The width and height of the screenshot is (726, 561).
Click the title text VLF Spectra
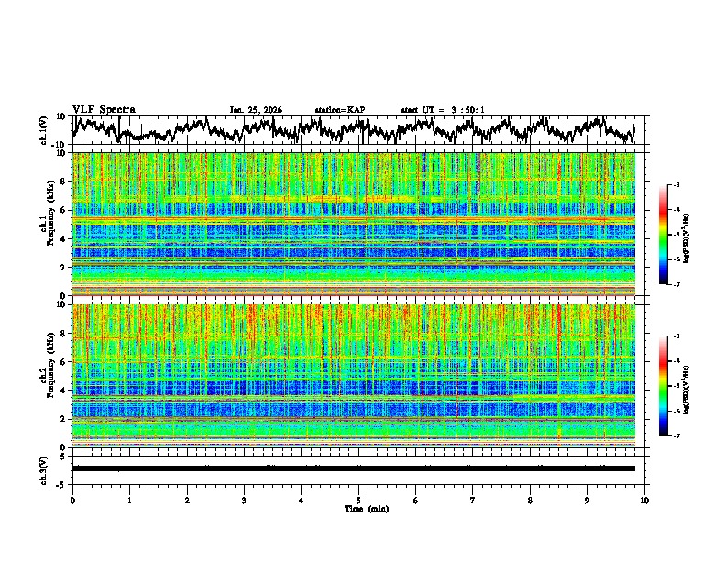pos(104,109)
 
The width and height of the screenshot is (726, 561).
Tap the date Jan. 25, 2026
pos(256,110)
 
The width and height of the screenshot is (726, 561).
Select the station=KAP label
pos(340,110)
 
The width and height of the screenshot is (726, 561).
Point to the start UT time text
pos(443,110)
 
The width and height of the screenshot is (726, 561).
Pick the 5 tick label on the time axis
pos(358,500)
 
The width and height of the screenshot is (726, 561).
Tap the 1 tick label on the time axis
pos(129,500)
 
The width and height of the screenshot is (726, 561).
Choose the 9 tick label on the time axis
pos(588,500)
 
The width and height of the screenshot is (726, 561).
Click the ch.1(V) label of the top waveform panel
pos(45,130)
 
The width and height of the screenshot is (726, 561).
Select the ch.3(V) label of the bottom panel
pos(45,468)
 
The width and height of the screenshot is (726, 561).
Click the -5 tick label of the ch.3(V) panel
pos(64,483)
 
